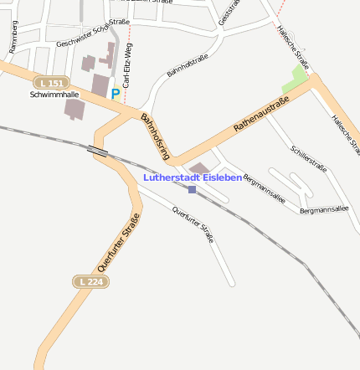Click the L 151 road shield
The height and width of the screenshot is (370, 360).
pyautogui.click(x=52, y=83)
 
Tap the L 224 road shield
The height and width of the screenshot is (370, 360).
pyautogui.click(x=89, y=282)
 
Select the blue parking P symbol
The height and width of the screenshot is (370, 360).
pyautogui.click(x=116, y=95)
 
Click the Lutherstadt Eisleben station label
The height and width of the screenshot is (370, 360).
pyautogui.click(x=193, y=177)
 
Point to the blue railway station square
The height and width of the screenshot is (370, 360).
pyautogui.click(x=192, y=190)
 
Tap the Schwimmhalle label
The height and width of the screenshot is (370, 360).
pyautogui.click(x=47, y=95)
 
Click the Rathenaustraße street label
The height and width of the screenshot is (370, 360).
pyautogui.click(x=261, y=115)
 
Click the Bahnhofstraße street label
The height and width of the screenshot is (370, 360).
pyautogui.click(x=188, y=66)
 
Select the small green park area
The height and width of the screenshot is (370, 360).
pyautogui.click(x=295, y=80)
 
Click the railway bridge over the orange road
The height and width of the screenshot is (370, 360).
pyautogui.click(x=98, y=151)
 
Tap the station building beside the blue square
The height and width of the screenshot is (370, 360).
pyautogui.click(x=200, y=170)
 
